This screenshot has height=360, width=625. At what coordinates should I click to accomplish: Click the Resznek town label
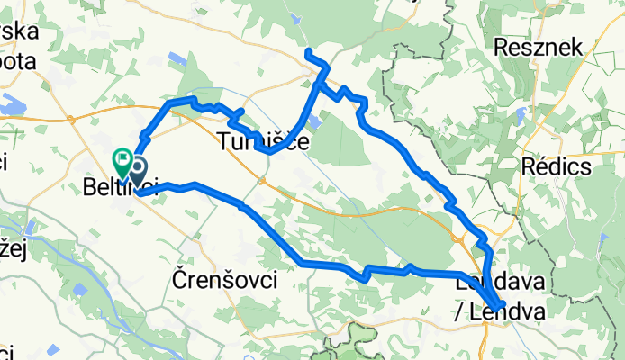(x=551, y=47)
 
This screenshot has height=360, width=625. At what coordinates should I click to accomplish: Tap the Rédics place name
(x=555, y=166)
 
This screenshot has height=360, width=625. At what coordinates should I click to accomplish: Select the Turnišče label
(x=263, y=141)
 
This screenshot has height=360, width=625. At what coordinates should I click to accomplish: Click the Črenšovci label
(x=223, y=281)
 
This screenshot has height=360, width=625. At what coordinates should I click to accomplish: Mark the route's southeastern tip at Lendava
(x=502, y=306)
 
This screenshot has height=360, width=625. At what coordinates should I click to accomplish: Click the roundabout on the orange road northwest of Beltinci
(x=70, y=118)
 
